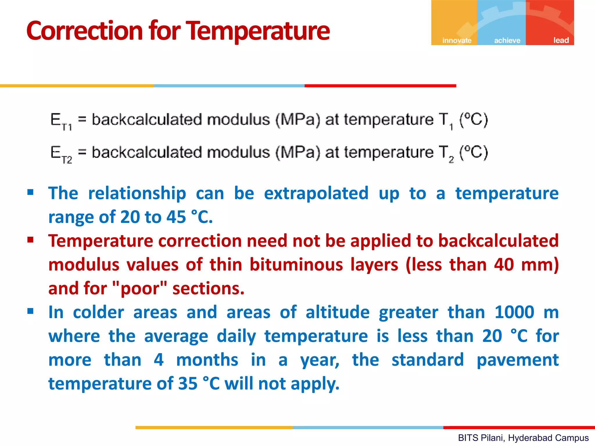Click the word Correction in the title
(84, 31)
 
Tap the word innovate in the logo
(457, 40)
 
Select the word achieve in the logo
(507, 40)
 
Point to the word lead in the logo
(561, 40)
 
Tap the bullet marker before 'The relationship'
(31, 192)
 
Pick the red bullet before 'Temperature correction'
(31, 240)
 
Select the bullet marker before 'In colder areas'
(31, 311)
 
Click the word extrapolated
(316, 194)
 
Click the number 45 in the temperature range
(176, 217)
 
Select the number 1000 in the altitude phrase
(514, 312)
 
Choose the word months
(207, 360)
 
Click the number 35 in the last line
(188, 384)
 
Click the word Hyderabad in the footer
(527, 438)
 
